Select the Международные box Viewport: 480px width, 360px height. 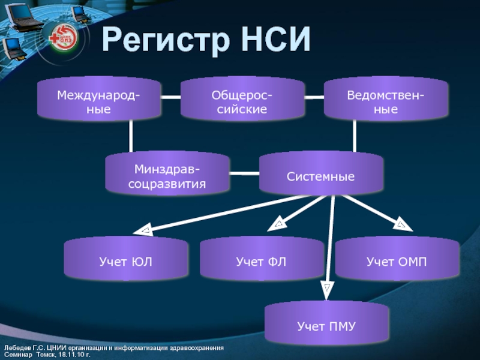point(99,101)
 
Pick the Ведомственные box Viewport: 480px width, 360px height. point(386,101)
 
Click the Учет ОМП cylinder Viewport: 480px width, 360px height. point(397,262)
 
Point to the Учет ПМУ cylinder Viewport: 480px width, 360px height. point(326,326)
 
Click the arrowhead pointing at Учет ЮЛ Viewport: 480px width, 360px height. point(145,230)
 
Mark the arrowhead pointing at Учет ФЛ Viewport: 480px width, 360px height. point(278,225)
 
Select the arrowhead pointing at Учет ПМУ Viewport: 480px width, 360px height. point(327,290)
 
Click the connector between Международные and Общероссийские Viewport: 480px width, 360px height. point(171,97)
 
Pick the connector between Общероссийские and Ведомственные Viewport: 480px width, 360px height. point(313,97)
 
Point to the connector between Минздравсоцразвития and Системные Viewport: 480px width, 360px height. point(244,174)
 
